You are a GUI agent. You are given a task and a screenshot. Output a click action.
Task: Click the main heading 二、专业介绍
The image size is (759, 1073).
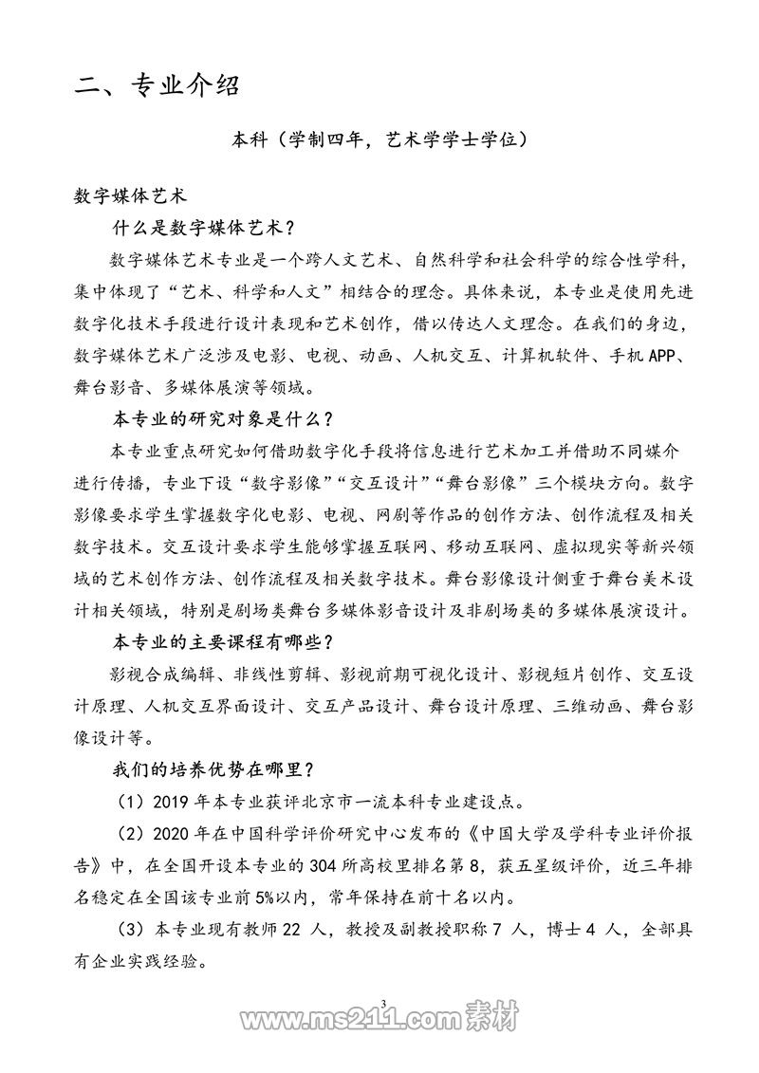pyautogui.click(x=157, y=86)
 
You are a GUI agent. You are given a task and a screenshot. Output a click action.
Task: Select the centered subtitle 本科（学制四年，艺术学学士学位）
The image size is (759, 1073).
pyautogui.click(x=379, y=141)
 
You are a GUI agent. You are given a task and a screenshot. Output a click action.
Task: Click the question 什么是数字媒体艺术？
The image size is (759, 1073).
pyautogui.click(x=204, y=229)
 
